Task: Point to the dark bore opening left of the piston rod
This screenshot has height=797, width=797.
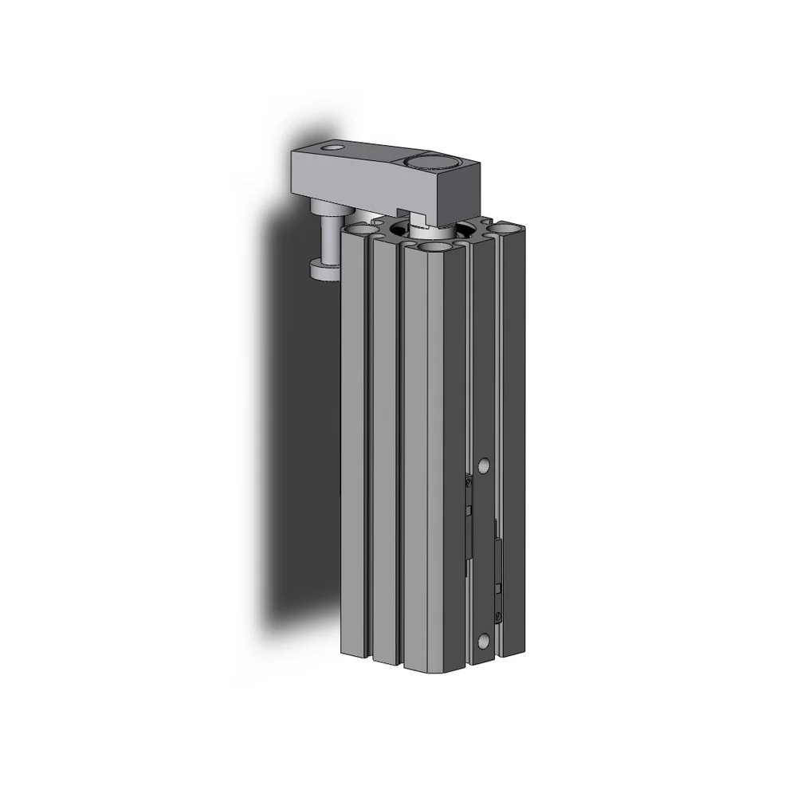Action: point(399,231)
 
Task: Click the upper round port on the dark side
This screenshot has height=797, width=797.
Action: point(483,464)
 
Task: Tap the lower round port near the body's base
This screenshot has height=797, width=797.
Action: point(483,640)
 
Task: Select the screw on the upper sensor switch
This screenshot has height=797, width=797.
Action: point(469,481)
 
